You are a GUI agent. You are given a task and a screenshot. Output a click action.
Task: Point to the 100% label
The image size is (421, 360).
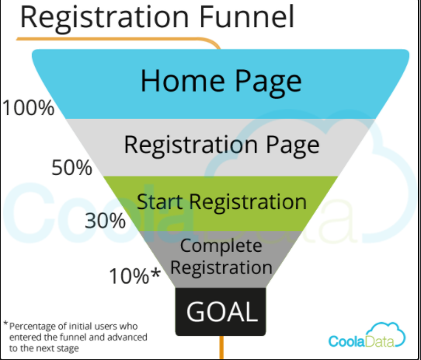point(29,107)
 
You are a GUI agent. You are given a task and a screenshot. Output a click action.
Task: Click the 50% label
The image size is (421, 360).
point(72,166)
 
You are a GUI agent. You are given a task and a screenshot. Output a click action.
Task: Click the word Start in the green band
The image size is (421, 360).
point(160,202)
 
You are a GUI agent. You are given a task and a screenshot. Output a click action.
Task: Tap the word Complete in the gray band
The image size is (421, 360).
point(222,246)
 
